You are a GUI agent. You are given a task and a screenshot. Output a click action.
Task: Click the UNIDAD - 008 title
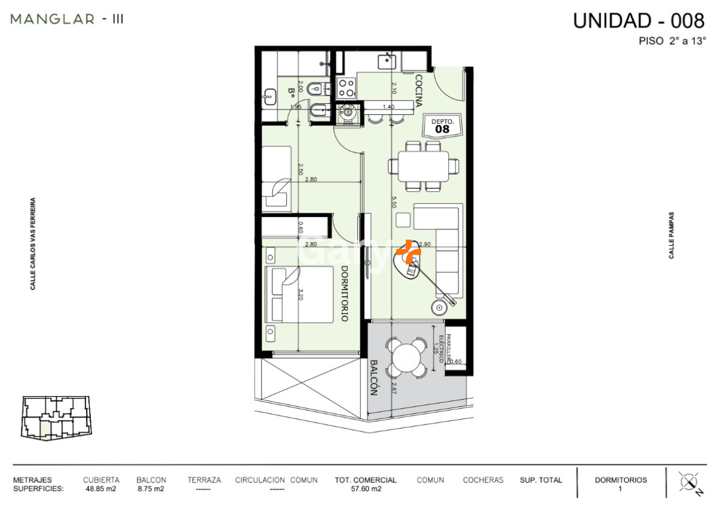pos(639,20)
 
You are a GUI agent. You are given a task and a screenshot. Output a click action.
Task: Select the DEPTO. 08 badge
pos(442,125)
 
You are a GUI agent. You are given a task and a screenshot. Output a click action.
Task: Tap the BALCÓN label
pos(374,378)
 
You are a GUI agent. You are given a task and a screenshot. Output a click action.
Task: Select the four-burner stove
pos(347,88)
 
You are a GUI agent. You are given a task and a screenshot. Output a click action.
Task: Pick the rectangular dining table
pos(424,166)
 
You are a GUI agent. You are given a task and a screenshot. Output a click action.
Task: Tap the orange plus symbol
pos(409,252)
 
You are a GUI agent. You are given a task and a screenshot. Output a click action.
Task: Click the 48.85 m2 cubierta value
pos(101,488)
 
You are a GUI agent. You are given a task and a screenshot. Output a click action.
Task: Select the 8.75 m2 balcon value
pos(151,488)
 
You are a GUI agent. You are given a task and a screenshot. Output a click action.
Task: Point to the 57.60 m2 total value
pos(365,488)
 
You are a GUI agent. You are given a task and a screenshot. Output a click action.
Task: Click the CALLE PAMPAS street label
pos(672,235)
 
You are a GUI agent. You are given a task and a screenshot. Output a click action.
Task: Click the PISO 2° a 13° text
pos(672,41)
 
